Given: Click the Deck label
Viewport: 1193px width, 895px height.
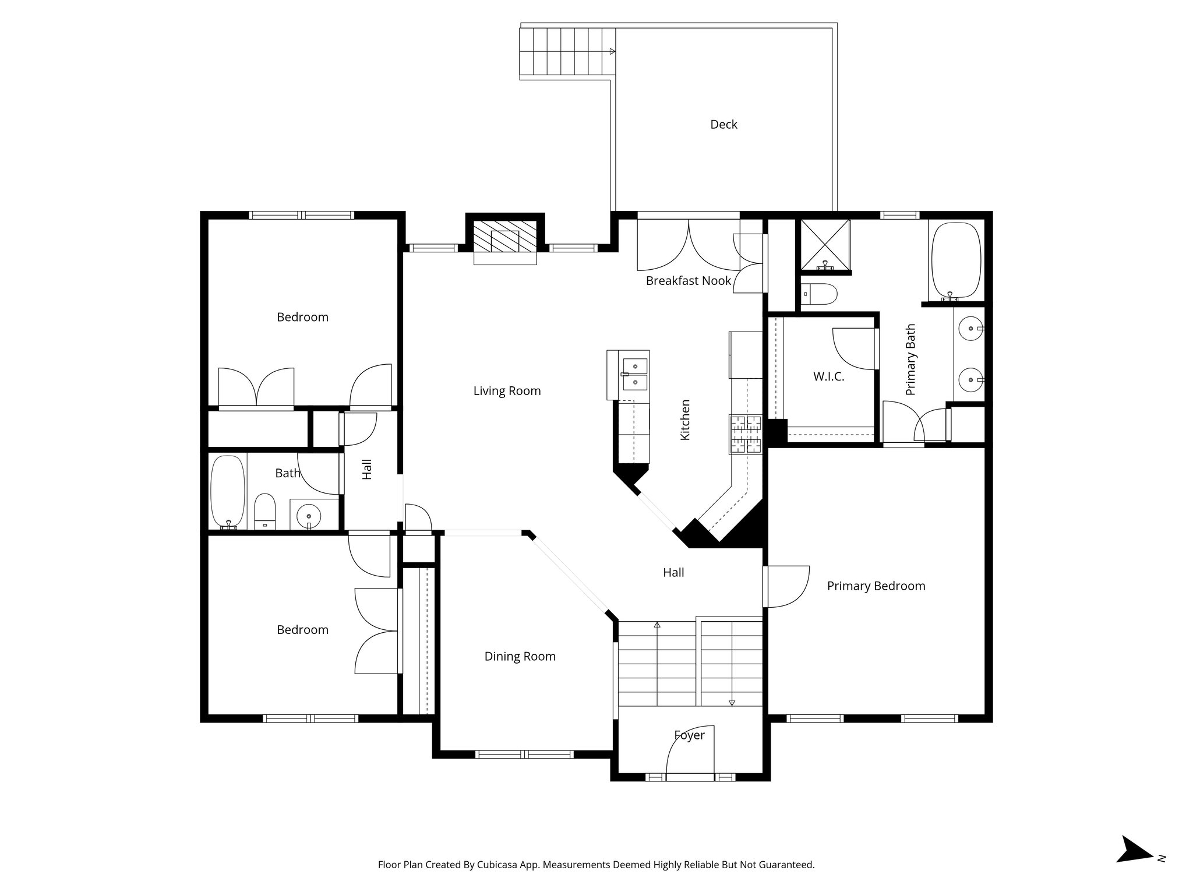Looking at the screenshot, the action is click(x=723, y=124).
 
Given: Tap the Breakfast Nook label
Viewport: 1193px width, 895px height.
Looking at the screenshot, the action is click(x=689, y=281).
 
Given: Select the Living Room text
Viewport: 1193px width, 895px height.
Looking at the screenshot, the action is click(x=507, y=391).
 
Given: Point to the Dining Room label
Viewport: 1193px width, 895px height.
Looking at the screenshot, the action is click(x=520, y=657).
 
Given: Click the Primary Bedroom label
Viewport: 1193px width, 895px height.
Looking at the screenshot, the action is click(x=876, y=586).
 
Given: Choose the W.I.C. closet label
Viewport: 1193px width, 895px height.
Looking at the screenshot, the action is click(x=829, y=376).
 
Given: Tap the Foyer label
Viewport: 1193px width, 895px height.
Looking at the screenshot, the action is click(x=690, y=735).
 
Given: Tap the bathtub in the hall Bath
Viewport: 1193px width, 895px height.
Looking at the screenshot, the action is click(x=228, y=492).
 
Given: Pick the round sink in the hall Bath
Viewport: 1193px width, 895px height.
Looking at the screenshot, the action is click(x=308, y=516).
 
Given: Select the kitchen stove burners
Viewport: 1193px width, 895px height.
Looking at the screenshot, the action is click(x=746, y=434).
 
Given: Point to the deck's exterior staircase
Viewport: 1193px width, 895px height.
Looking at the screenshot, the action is click(x=567, y=51).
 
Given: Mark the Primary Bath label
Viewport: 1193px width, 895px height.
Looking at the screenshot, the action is click(x=911, y=360).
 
